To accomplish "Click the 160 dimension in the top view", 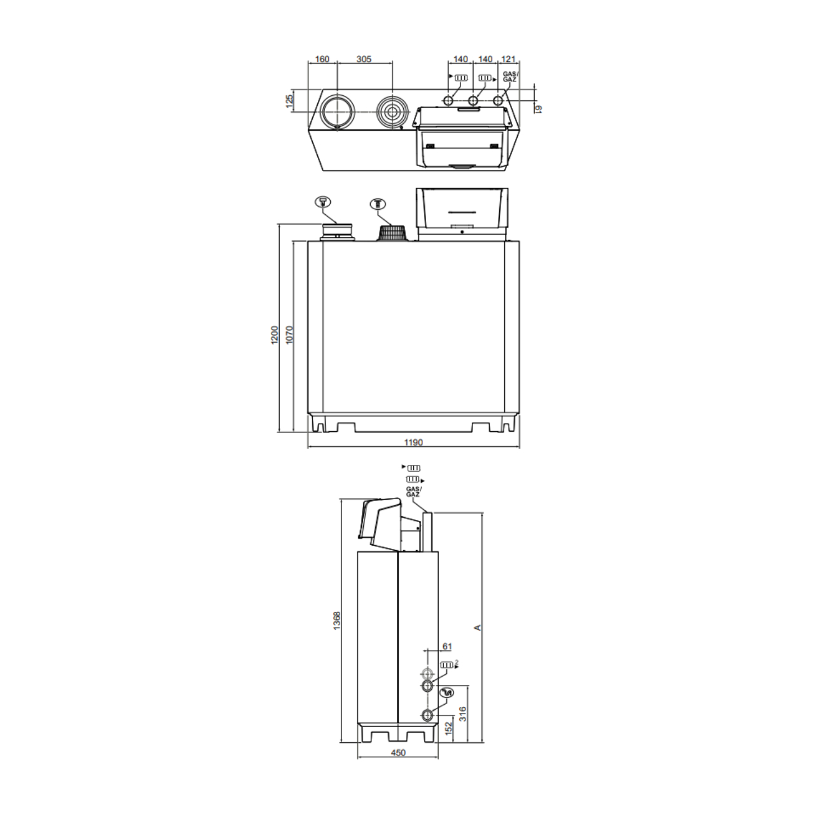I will point(322,59).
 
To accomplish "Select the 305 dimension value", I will point(364,59).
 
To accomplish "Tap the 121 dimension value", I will point(508,59).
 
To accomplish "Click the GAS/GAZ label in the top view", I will point(510,76).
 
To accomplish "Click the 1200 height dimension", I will point(275,335).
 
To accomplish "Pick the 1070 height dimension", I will point(289,335).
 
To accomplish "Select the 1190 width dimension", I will point(413,443).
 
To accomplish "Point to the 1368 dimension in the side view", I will point(337,620).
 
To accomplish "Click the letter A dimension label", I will point(478,628).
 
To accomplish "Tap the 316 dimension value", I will point(462,714).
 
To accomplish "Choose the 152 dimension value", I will point(448,727).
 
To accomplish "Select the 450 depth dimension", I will point(397,753).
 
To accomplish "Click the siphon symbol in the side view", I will point(448,693).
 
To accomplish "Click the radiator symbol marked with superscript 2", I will point(448,665).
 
